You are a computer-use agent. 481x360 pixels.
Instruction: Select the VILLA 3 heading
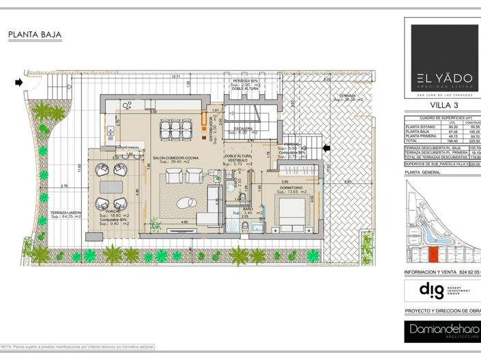pos(444,106)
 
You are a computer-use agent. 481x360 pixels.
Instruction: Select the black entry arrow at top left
pos(18,82)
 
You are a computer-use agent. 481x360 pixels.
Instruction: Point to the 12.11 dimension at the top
pos(176,76)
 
